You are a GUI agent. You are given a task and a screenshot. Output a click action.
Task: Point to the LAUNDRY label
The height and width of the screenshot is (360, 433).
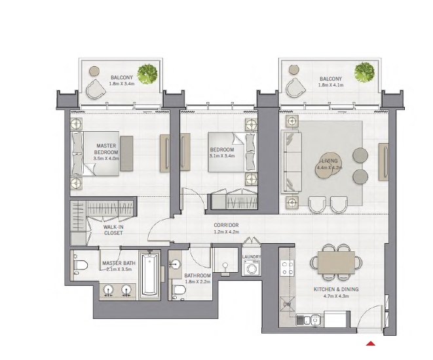click(x=252, y=257)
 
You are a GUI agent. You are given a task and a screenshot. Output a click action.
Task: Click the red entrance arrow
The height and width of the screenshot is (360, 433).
click(x=371, y=344)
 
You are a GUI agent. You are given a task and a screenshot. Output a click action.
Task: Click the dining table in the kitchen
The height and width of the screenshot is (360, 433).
click(x=335, y=262)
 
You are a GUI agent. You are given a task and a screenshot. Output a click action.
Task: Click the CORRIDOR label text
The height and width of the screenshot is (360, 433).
click(x=226, y=225)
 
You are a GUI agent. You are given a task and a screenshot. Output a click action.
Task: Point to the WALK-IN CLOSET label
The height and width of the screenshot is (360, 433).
click(x=113, y=230)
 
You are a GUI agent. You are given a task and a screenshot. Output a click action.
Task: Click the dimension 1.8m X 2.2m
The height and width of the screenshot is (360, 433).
click(x=197, y=282)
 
